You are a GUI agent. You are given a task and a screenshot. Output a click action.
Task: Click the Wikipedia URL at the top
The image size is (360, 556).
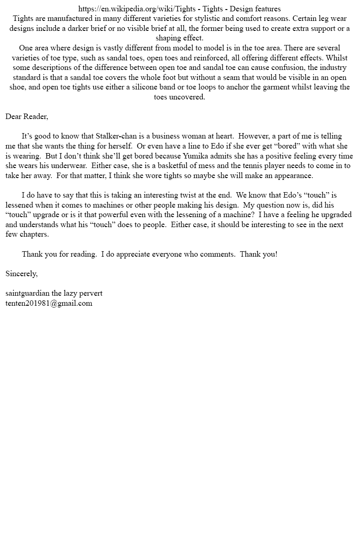[x=137, y=9]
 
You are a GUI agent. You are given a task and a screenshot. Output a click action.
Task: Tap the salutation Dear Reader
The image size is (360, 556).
[x=26, y=117]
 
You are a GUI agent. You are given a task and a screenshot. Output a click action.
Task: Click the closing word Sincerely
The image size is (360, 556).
[x=21, y=273]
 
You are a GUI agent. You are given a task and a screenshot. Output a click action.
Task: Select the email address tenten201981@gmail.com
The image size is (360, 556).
[x=49, y=303]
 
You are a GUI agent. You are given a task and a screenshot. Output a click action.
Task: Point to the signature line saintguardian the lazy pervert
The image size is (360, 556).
[x=54, y=293]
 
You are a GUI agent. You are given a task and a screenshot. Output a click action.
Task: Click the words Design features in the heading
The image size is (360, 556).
[x=255, y=9]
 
